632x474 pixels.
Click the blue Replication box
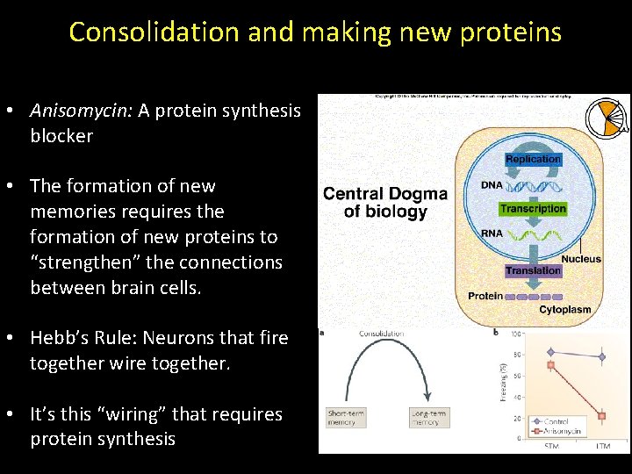533,159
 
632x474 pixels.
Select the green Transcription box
533,209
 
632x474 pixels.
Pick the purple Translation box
533,270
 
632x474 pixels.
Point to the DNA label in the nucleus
492,185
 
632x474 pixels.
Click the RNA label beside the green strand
492,234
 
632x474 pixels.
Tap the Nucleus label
581,259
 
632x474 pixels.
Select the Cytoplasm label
564,310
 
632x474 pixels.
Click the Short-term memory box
347,417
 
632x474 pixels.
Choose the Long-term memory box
429,417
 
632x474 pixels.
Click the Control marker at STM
550,352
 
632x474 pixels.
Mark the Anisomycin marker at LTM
602,416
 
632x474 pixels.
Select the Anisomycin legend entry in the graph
562,430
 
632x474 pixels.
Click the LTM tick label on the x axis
602,447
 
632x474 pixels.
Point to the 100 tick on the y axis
516,334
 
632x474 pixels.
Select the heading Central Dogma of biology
384,202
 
